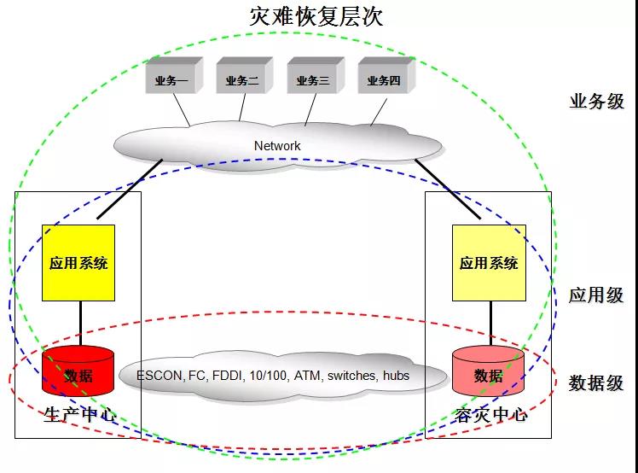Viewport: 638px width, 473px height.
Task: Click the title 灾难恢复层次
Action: tap(316, 15)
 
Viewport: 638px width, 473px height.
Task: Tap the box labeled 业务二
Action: tap(241, 81)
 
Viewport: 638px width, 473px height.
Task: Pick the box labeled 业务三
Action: tap(312, 81)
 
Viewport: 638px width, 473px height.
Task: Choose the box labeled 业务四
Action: tap(383, 81)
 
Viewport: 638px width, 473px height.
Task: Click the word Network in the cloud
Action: tap(277, 146)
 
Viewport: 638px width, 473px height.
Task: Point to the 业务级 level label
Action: tap(596, 102)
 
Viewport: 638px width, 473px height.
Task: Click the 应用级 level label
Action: tap(596, 295)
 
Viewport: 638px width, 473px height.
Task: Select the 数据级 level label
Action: tap(596, 382)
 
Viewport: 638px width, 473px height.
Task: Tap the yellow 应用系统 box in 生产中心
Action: tap(78, 263)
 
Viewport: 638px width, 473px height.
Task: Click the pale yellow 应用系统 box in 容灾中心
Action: tap(489, 263)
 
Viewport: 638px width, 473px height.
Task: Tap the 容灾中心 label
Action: tap(490, 416)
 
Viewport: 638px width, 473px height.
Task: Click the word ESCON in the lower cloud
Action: tap(159, 376)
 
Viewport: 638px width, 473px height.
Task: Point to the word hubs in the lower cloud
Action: tap(395, 376)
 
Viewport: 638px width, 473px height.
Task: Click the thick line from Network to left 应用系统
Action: tap(130, 189)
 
